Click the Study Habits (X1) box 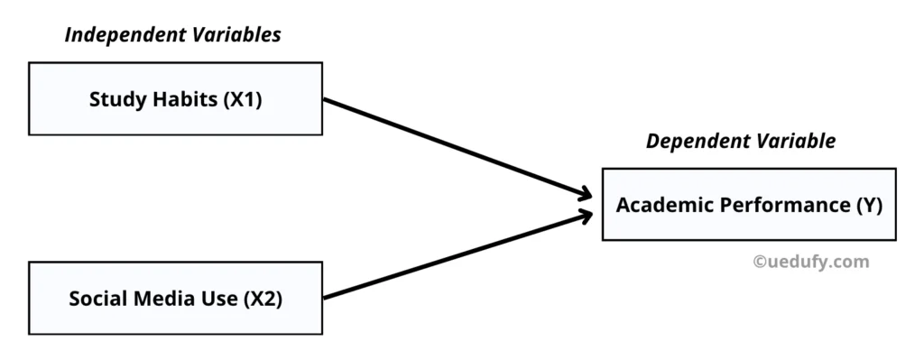(175, 98)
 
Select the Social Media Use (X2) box (175, 298)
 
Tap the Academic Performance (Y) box (748, 204)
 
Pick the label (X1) (243, 99)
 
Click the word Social (95, 299)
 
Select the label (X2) (263, 299)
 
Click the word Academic (656, 205)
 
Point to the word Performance (774, 205)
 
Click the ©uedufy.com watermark (810, 262)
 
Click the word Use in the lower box (219, 299)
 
